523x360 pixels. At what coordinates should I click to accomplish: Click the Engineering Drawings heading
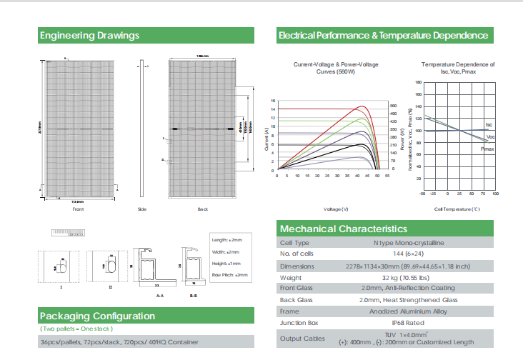tap(89, 35)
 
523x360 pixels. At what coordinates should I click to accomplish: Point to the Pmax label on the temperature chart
tap(487, 149)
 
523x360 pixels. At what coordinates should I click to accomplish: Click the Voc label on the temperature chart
tap(490, 136)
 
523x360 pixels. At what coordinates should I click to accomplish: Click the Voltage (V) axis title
tap(335, 209)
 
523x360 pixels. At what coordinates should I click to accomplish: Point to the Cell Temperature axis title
tap(457, 209)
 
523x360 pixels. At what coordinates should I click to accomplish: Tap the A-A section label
tap(161, 294)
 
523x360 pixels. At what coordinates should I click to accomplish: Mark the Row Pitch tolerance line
tap(230, 274)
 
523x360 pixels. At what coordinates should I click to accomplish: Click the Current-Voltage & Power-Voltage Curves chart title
tap(331, 68)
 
